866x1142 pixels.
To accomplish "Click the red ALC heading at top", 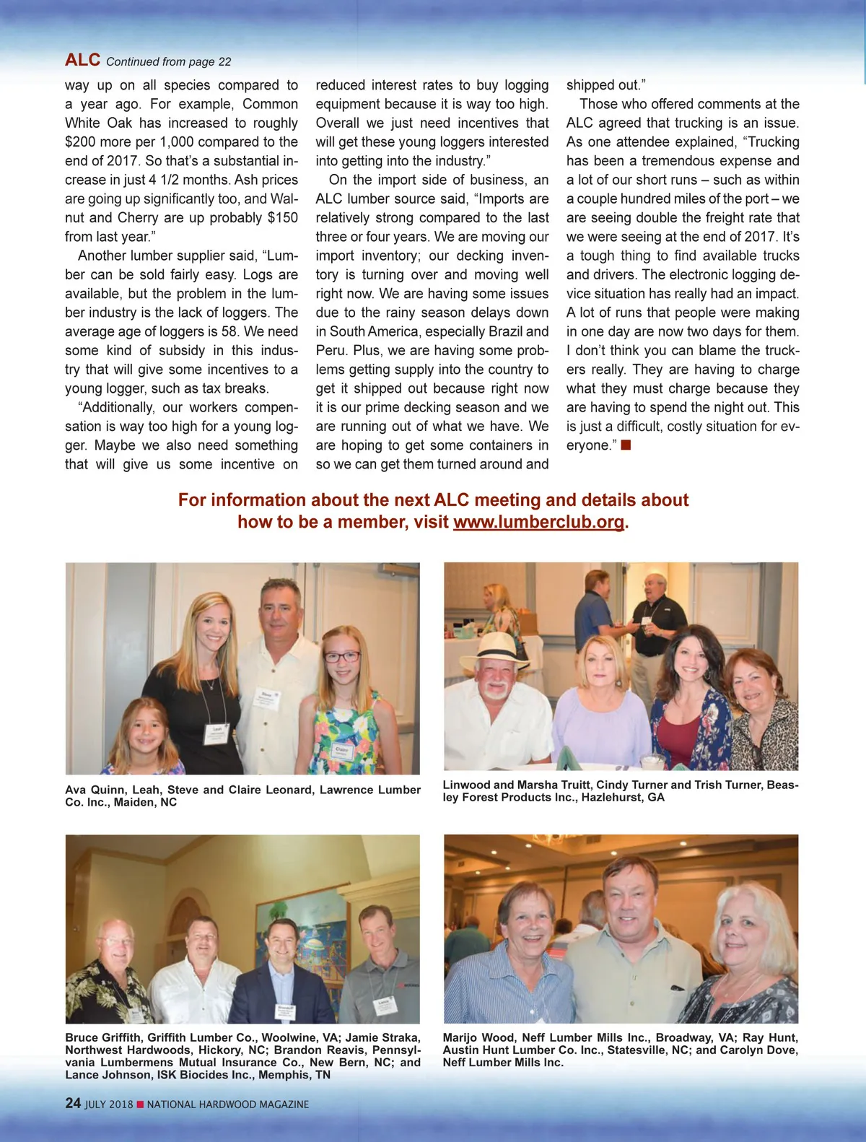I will tap(82, 60).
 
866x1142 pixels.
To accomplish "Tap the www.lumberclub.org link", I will tap(538, 522).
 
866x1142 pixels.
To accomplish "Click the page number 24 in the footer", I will tap(73, 1103).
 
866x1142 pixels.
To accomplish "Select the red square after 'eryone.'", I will tap(626, 445).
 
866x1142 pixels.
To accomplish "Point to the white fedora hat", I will tap(494, 648).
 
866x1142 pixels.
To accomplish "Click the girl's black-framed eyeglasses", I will tap(341, 657).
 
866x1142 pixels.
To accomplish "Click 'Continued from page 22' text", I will tap(169, 62).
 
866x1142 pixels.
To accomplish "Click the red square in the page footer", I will tap(141, 1104).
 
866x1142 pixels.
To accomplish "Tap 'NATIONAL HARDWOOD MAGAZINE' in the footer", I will tap(228, 1104).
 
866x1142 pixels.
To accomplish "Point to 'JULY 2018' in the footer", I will tap(109, 1104).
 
